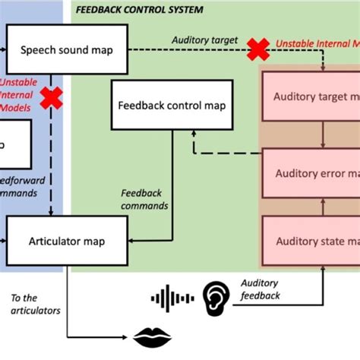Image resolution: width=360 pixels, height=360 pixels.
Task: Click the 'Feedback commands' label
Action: [144, 200]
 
